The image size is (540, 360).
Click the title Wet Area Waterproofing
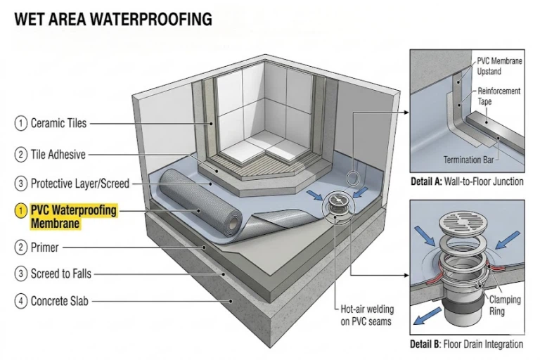pos(113,19)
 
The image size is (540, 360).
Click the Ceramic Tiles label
pos(58,123)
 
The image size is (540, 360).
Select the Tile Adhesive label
pos(58,154)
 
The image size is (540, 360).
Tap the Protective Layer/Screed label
pos(80,184)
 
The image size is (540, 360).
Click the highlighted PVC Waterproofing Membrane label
pos(73,217)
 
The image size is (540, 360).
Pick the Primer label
pos(44,247)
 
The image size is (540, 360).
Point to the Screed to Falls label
pos(61,274)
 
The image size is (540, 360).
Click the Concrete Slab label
pos(60,301)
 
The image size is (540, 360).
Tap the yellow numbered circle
pos(20,210)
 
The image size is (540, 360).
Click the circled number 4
pos(20,301)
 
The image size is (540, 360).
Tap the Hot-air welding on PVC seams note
pos(367,315)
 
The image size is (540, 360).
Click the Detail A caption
pos(467,181)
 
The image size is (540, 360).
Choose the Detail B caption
pos(467,344)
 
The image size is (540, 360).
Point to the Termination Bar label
pos(468,160)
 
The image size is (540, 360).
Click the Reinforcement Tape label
pos(499,96)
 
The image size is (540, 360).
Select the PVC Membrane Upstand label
pos(499,66)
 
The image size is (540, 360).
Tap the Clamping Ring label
pos(505,305)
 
